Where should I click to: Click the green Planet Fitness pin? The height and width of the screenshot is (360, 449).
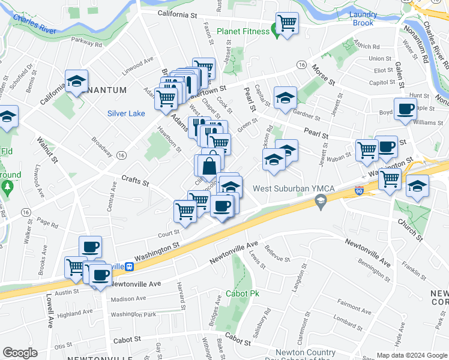point(275,29)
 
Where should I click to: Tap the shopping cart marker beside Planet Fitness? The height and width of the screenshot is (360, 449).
point(288,24)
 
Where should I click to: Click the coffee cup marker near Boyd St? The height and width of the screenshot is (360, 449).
point(406,109)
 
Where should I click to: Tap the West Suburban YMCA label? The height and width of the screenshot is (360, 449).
point(289,189)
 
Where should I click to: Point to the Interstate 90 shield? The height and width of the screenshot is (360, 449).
point(360,190)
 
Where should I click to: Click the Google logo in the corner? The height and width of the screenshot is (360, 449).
point(20,353)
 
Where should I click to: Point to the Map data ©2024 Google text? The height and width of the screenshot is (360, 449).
point(412,355)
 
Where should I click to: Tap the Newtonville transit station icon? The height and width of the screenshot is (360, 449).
point(128,266)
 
